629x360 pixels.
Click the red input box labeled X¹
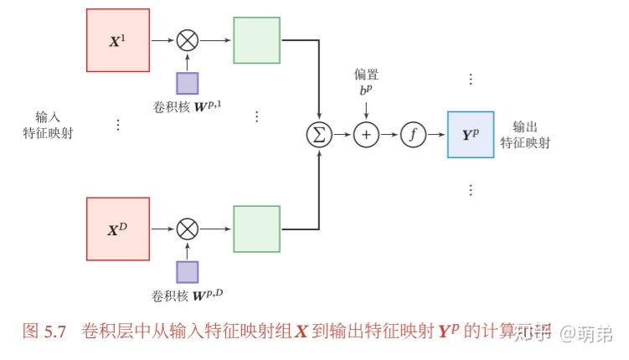point(118,40)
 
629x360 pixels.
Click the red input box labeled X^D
point(118,229)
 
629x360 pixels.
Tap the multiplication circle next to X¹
point(187,40)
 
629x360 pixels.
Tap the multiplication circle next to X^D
point(187,229)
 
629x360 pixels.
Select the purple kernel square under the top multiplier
point(187,83)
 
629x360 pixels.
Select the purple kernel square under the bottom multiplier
point(187,271)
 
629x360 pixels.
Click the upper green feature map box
point(256,40)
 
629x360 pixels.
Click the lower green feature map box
point(256,229)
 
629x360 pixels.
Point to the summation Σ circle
point(319,135)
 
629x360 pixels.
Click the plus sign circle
point(366,135)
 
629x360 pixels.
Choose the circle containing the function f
point(413,135)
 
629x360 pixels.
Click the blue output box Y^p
point(471,135)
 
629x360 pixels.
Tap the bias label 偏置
point(366,75)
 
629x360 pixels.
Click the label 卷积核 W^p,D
point(185,295)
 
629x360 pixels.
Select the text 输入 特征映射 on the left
point(48,125)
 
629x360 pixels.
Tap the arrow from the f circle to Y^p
point(436,135)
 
